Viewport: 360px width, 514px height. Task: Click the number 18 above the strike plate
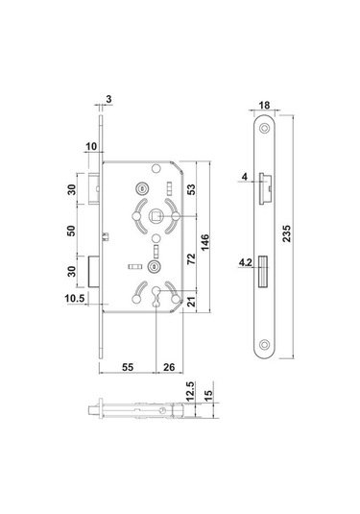click(x=266, y=105)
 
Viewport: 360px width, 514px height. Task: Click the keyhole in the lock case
click(x=156, y=297)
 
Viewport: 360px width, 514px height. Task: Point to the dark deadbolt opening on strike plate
click(x=263, y=276)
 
